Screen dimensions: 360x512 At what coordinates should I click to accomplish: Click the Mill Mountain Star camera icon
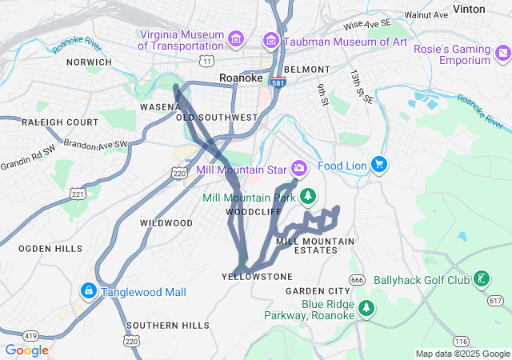pyautogui.click(x=299, y=167)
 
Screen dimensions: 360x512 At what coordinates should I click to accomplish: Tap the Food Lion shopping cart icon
pyautogui.click(x=379, y=165)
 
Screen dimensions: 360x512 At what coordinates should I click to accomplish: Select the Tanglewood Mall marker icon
pyautogui.click(x=89, y=291)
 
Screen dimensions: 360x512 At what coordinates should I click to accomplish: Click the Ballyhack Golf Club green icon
pyautogui.click(x=482, y=279)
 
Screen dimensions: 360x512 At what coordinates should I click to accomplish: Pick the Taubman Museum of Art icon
pyautogui.click(x=271, y=40)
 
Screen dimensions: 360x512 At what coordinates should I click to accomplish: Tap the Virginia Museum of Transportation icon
pyautogui.click(x=235, y=38)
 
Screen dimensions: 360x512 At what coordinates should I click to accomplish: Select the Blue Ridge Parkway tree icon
pyautogui.click(x=366, y=308)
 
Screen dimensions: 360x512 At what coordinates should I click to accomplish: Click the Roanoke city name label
pyautogui.click(x=241, y=78)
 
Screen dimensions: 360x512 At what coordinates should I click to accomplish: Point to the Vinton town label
pyautogui.click(x=490, y=9)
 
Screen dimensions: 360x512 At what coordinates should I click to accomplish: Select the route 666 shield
pyautogui.click(x=357, y=279)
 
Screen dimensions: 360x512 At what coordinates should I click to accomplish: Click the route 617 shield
pyautogui.click(x=495, y=299)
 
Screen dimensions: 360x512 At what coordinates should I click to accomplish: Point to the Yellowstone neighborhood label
pyautogui.click(x=257, y=276)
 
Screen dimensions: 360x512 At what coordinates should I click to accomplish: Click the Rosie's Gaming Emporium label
pyautogui.click(x=452, y=55)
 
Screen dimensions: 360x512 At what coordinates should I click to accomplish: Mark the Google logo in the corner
pyautogui.click(x=26, y=350)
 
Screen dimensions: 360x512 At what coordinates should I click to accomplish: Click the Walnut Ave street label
pyautogui.click(x=426, y=14)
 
